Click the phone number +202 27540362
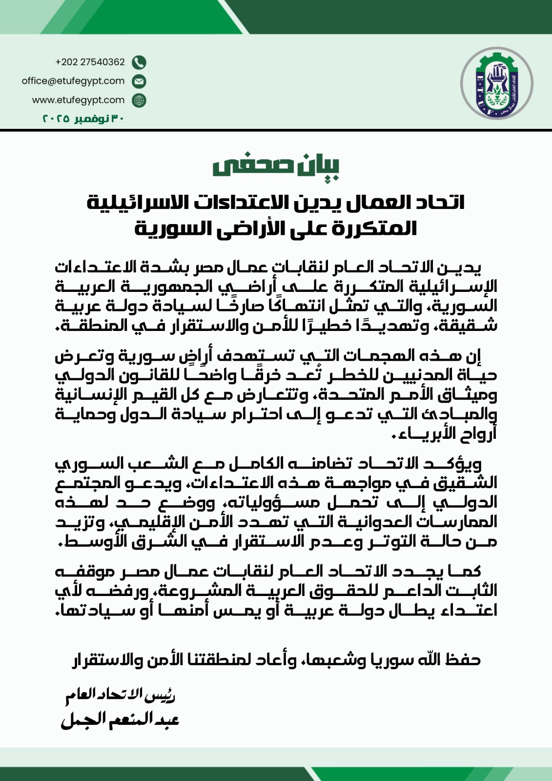click(90, 62)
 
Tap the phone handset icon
click(139, 62)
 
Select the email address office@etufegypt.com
click(73, 81)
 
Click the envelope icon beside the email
click(139, 81)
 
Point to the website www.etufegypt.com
click(79, 100)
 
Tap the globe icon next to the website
click(139, 100)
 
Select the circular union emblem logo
click(497, 83)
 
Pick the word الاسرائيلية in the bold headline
click(130, 203)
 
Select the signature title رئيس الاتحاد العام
click(121, 695)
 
